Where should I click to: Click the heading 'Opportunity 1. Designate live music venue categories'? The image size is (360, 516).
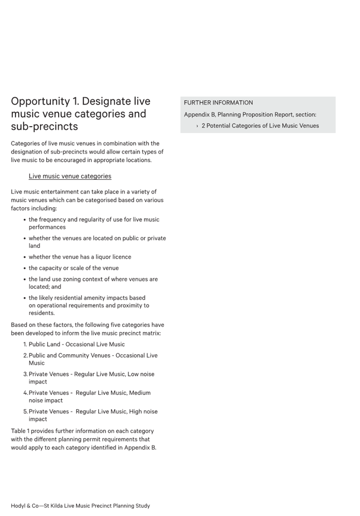click(80, 107)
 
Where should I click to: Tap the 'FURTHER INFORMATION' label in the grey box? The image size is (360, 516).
click(218, 103)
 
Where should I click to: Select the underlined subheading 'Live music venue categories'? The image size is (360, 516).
click(70, 176)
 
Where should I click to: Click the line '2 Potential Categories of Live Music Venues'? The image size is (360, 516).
click(260, 126)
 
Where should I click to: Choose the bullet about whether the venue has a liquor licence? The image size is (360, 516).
click(80, 257)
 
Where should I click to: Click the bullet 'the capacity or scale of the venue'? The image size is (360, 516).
click(73, 268)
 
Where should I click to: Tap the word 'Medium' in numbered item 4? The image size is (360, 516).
click(140, 393)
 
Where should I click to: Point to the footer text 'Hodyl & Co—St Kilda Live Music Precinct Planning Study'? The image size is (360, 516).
click(80, 506)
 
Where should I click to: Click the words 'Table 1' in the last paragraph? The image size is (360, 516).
click(20, 431)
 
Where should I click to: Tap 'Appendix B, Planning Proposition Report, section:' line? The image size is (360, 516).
click(250, 115)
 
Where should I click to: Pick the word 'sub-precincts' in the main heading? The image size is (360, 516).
click(44, 126)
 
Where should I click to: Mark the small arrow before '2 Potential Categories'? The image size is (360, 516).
click(197, 126)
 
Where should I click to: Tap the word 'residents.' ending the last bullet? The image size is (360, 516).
click(41, 313)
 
